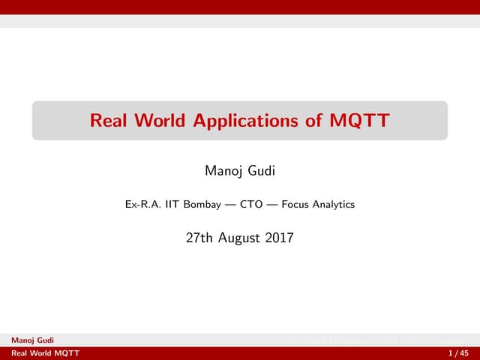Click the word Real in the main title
[x=107, y=120]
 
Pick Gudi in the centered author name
[x=259, y=172]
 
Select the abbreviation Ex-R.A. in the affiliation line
[x=140, y=204]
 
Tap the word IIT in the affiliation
[x=170, y=204]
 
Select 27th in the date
[x=199, y=239]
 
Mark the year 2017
[x=279, y=239]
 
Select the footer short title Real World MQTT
[x=40, y=353]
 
